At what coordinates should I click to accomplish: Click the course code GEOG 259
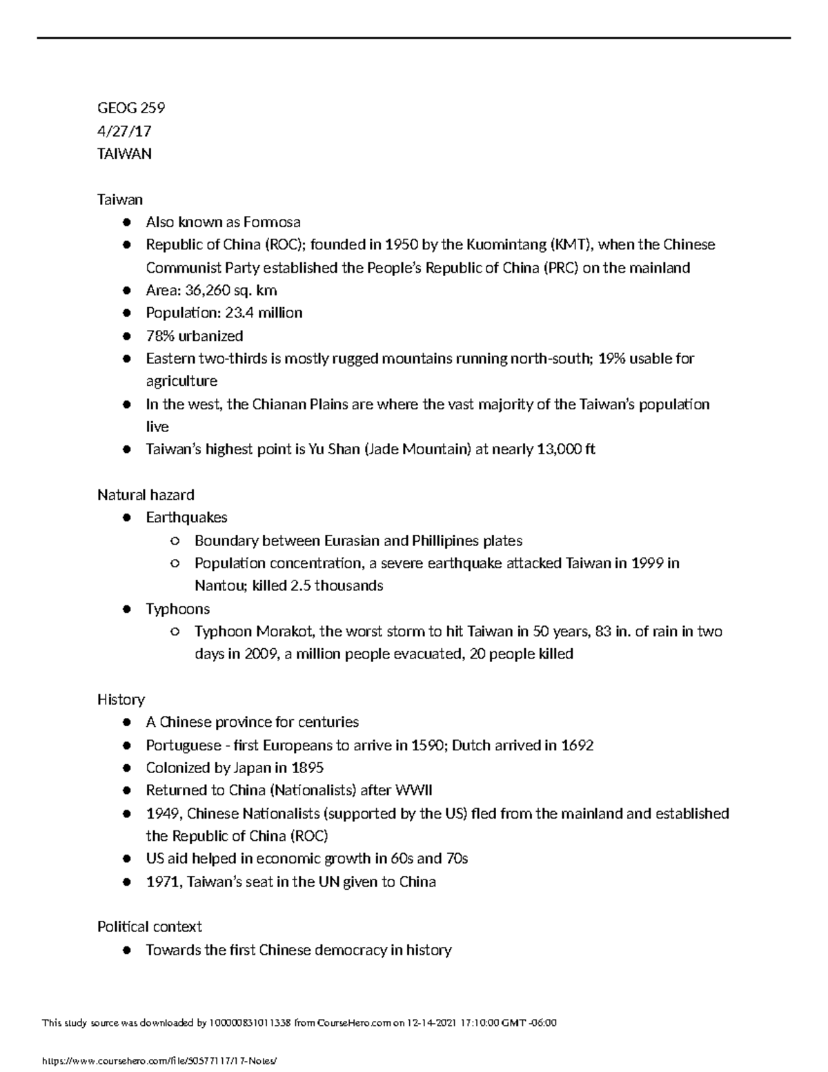point(131,108)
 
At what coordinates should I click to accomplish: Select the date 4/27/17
point(124,131)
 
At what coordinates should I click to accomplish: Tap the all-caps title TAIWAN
point(124,154)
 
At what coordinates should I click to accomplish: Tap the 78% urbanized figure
point(159,336)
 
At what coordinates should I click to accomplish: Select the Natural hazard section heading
point(146,495)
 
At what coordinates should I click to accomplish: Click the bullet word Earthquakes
point(186,518)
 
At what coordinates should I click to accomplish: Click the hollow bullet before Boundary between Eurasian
point(175,541)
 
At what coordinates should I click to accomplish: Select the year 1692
point(577,745)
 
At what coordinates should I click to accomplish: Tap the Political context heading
point(150,927)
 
